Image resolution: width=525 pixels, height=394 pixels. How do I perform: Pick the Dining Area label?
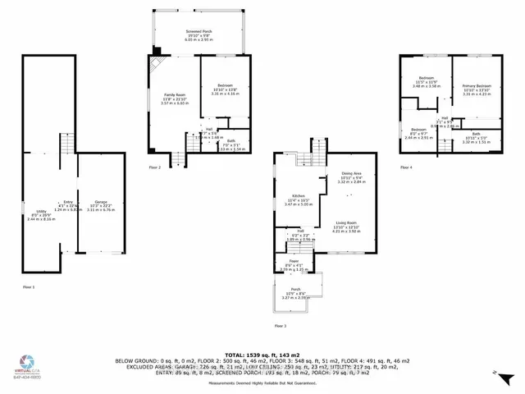coord(352,174)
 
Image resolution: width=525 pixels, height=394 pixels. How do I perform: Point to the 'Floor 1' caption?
coord(29,286)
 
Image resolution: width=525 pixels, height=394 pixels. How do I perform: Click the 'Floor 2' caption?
coord(154,167)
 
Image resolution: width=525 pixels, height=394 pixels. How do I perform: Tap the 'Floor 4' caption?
coord(406,167)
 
